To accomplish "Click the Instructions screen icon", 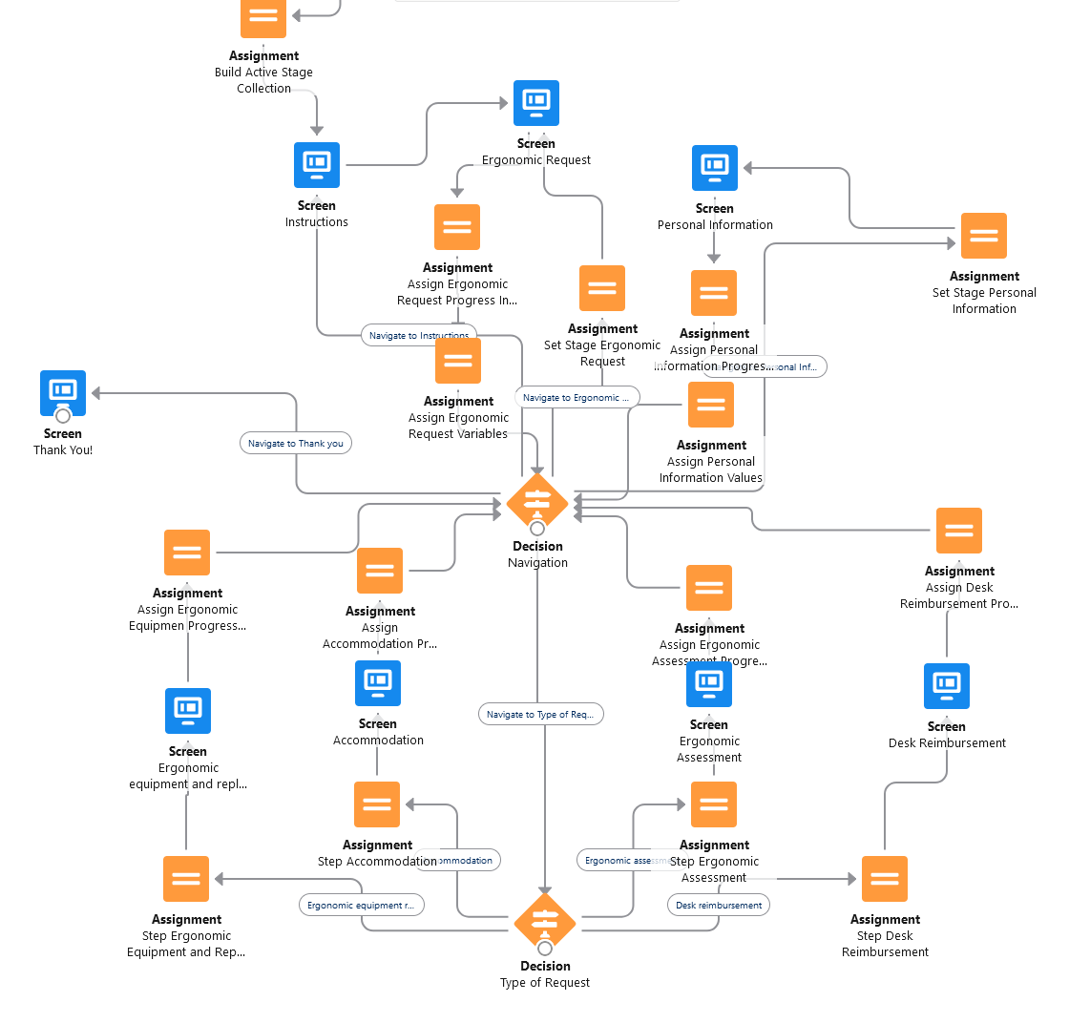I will click(316, 165).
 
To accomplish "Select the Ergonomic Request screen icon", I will click(535, 103).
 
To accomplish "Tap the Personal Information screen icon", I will click(714, 168).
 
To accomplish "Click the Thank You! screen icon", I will click(63, 393).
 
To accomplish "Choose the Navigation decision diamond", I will click(537, 503).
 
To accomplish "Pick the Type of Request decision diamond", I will click(545, 923).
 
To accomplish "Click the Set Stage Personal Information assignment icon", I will click(983, 236).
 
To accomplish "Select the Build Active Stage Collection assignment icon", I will click(263, 17).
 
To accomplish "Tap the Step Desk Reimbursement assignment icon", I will click(885, 879).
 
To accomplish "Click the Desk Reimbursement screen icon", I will click(947, 686).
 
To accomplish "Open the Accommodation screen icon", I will click(378, 683).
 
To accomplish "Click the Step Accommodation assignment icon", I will click(377, 804).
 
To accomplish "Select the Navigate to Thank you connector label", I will click(295, 443).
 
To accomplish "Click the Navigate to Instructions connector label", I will click(418, 335).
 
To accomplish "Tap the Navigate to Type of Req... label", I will click(540, 714).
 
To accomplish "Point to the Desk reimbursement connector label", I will click(719, 905).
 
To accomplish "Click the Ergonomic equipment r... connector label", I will click(361, 905).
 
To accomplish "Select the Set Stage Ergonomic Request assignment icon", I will click(602, 288).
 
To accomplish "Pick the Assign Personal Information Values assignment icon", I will click(711, 405).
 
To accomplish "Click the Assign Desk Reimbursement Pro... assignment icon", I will click(958, 531).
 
